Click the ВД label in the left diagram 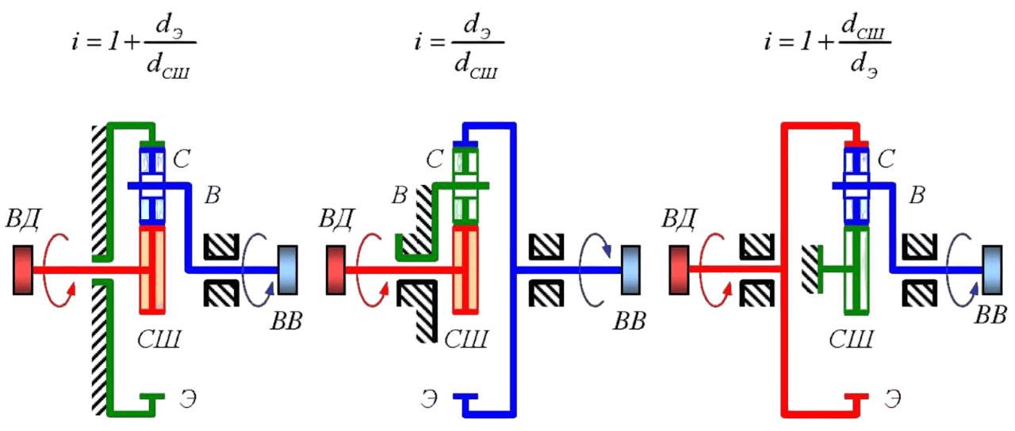tap(23, 219)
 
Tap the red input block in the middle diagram tap(335, 271)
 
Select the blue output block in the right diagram tap(991, 271)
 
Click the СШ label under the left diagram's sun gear tap(159, 339)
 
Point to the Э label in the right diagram tap(892, 398)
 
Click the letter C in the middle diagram tap(434, 159)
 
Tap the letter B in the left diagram tap(213, 195)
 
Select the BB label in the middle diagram tap(629, 321)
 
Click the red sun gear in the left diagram tap(152, 270)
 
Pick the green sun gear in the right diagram tap(856, 271)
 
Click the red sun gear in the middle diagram tap(465, 270)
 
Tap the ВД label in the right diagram tap(678, 219)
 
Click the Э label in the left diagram tap(188, 398)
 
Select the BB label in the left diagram tap(286, 321)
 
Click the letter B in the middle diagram tap(399, 195)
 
